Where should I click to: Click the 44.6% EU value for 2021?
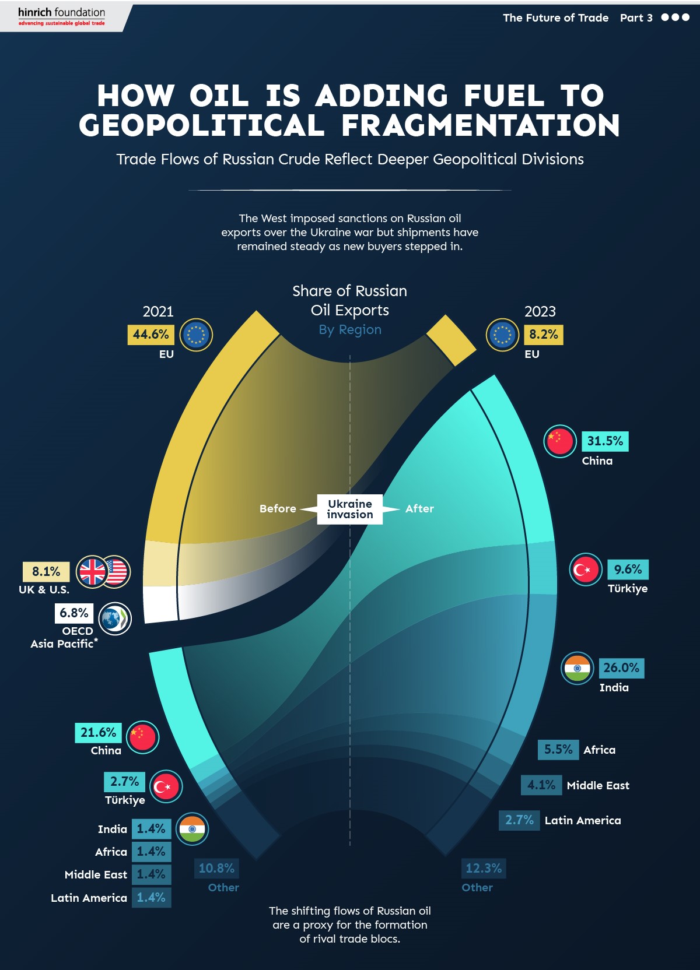click(x=150, y=335)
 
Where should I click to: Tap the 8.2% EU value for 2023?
click(x=543, y=335)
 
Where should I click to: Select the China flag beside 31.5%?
click(x=560, y=441)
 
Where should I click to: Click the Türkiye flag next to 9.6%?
click(x=585, y=570)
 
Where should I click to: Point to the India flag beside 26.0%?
click(x=577, y=668)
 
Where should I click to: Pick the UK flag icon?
click(x=93, y=572)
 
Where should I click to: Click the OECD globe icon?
click(x=115, y=618)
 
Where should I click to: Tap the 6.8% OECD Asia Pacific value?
click(x=74, y=613)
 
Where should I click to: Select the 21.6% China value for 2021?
click(x=98, y=733)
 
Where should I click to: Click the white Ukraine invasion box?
click(x=349, y=509)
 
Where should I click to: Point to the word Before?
click(x=278, y=509)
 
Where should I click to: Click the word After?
click(x=419, y=509)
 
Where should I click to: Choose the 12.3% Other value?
click(x=484, y=869)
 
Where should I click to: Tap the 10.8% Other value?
click(x=216, y=869)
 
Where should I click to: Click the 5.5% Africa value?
click(x=558, y=750)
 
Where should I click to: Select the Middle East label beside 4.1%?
click(x=598, y=785)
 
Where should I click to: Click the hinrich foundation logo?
click(x=61, y=16)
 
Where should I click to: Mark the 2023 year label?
click(x=540, y=311)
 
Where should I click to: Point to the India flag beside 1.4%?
click(x=192, y=829)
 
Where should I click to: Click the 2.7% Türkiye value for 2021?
click(x=124, y=782)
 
